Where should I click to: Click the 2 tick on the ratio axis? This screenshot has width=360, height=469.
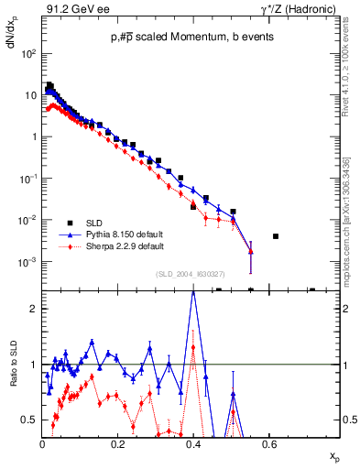pyautogui.click(x=33, y=309)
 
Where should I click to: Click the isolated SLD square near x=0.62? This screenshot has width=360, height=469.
pyautogui.click(x=276, y=236)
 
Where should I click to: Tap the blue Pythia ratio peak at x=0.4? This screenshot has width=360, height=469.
pyautogui.click(x=193, y=292)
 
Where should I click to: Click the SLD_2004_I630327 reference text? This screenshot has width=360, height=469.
pyautogui.click(x=192, y=274)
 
